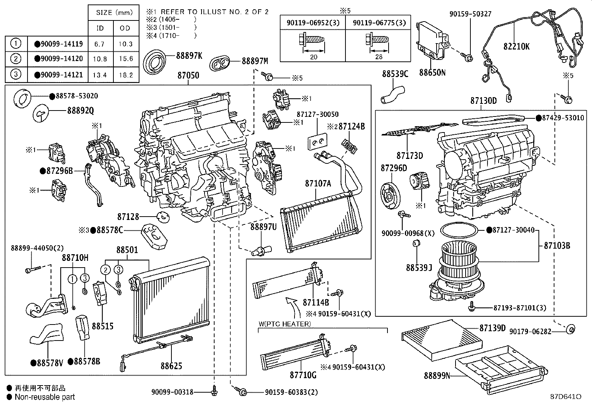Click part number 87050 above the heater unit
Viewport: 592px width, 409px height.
[x=188, y=75]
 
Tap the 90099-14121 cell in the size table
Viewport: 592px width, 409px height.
[x=58, y=74]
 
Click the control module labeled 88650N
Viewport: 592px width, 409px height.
[x=431, y=41]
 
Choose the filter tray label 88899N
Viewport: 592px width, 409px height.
[x=437, y=376]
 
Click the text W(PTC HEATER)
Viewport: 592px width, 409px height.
[x=284, y=324]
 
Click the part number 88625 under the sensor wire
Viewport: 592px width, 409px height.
[x=171, y=366]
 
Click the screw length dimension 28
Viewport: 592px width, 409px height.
[x=379, y=57]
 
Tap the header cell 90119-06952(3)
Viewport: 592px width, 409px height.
[x=313, y=23]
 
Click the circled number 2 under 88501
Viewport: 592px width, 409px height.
[x=106, y=270]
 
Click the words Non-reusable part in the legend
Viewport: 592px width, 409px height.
[x=45, y=397]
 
